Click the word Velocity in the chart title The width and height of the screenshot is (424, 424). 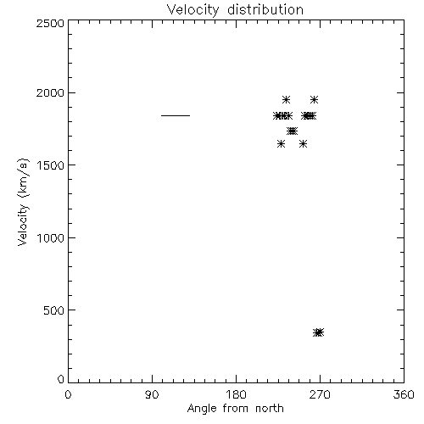(193, 10)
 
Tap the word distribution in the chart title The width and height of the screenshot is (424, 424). (265, 9)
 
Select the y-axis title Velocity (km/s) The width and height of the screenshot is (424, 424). (23, 202)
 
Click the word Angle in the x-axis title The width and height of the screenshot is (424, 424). (202, 409)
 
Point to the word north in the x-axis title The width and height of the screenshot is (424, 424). (270, 408)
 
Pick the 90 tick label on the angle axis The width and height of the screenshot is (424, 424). (152, 394)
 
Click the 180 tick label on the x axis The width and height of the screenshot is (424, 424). (236, 394)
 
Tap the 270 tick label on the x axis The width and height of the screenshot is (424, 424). (320, 394)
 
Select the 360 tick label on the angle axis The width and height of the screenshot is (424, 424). (404, 394)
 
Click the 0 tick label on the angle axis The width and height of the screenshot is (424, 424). (68, 394)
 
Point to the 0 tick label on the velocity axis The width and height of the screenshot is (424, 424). (61, 379)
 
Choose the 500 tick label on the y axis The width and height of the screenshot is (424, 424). (54, 310)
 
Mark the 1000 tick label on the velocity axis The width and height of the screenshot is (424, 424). (51, 238)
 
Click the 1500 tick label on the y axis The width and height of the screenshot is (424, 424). (51, 165)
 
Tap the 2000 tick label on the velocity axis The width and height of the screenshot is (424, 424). (50, 93)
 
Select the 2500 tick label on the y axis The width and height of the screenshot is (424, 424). (50, 23)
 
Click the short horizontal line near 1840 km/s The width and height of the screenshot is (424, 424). (176, 115)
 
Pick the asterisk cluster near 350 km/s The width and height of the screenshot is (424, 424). (319, 332)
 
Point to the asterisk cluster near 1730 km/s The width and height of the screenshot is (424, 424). (292, 131)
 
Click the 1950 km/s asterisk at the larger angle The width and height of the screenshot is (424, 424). (314, 100)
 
